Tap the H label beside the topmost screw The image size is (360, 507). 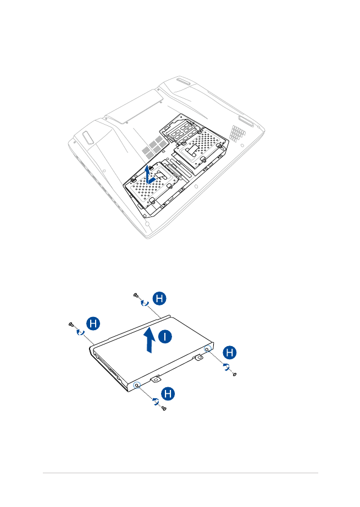(x=158, y=299)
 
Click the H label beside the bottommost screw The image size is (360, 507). (x=169, y=393)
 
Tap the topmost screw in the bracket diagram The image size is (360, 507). (x=136, y=295)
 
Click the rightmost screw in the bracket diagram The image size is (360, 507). (x=235, y=375)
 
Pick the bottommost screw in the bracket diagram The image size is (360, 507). (x=164, y=409)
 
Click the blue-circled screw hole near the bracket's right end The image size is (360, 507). (x=207, y=348)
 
